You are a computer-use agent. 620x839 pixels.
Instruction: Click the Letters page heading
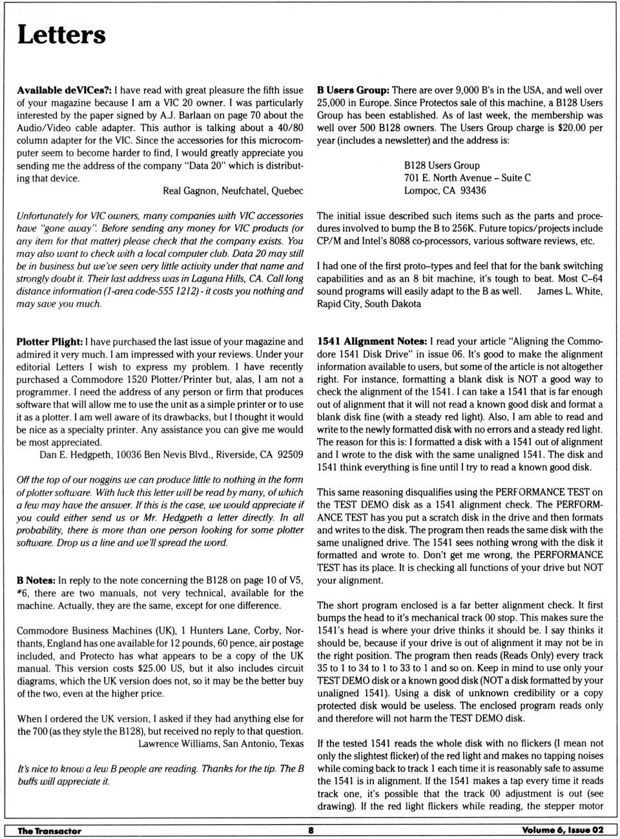coord(61,35)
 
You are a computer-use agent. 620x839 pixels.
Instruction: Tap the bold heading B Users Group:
coord(353,90)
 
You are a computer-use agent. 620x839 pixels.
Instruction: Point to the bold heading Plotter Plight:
coord(50,342)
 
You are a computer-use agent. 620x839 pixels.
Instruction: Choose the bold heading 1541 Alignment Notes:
coord(372,341)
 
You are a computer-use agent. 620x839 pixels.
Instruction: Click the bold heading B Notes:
coord(36,580)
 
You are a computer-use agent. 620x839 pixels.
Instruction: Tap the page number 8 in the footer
coord(311,831)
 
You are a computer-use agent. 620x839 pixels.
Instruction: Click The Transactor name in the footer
coord(49,831)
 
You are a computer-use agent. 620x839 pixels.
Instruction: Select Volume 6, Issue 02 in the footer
coord(562,831)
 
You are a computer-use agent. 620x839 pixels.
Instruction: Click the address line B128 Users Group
coord(442,165)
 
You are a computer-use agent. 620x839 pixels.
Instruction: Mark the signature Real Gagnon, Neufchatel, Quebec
coord(232,191)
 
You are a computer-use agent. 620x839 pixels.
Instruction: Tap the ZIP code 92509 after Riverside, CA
coord(289,455)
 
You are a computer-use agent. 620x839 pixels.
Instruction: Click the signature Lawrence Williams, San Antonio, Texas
coord(221,743)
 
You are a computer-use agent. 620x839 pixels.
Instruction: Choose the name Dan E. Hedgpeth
coord(75,455)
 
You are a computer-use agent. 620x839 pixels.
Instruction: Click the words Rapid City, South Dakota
coord(369,304)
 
